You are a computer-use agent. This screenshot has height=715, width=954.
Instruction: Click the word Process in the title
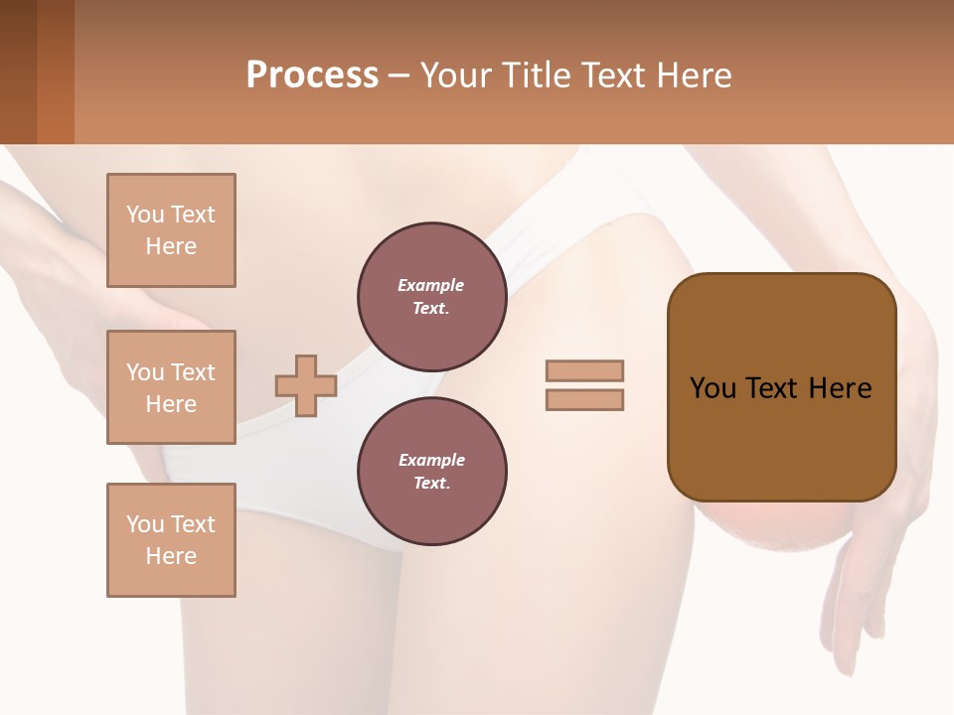click(x=312, y=75)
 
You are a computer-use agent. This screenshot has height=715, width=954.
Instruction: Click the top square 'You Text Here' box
click(x=171, y=230)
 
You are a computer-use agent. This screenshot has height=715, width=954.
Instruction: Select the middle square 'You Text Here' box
click(x=171, y=387)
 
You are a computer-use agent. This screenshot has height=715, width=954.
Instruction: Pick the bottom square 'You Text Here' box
click(x=171, y=540)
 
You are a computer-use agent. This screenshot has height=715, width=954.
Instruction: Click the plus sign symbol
click(x=305, y=385)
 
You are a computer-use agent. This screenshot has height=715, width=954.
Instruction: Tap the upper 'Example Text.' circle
click(x=431, y=296)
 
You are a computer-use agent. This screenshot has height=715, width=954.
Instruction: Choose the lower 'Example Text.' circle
click(x=431, y=471)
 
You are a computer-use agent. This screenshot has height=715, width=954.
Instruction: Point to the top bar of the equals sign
click(x=584, y=370)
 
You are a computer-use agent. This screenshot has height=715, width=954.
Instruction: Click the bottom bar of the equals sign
click(x=584, y=400)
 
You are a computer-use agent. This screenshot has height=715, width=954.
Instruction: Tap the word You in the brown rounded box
click(x=714, y=388)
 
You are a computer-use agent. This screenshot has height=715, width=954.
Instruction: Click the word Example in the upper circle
click(x=431, y=285)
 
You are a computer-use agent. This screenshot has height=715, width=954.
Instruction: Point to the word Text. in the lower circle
click(x=431, y=484)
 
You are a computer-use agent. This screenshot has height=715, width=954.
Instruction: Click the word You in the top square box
click(x=145, y=214)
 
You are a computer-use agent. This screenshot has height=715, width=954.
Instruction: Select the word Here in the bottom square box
click(x=171, y=556)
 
